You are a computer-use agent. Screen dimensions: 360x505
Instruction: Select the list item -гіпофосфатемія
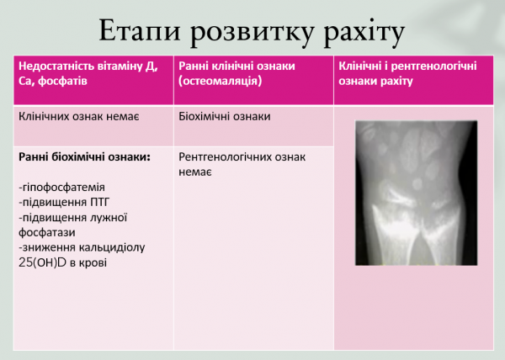pyautogui.click(x=61, y=187)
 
